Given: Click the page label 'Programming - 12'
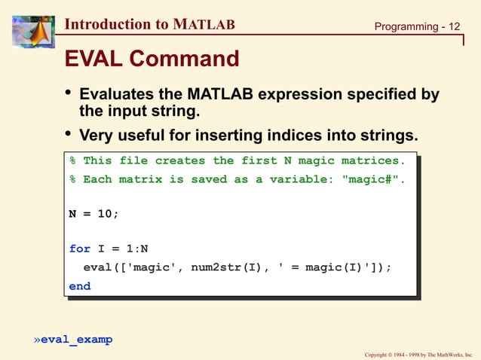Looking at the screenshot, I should point(417,27).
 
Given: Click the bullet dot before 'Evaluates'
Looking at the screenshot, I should point(68,93).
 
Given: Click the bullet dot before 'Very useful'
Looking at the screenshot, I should point(68,135).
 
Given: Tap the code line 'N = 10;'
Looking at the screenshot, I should point(93,214).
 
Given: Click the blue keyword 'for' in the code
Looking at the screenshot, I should point(79,249).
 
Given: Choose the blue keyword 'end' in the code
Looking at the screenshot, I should point(79,286).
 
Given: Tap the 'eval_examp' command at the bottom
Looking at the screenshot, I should point(76,340).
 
